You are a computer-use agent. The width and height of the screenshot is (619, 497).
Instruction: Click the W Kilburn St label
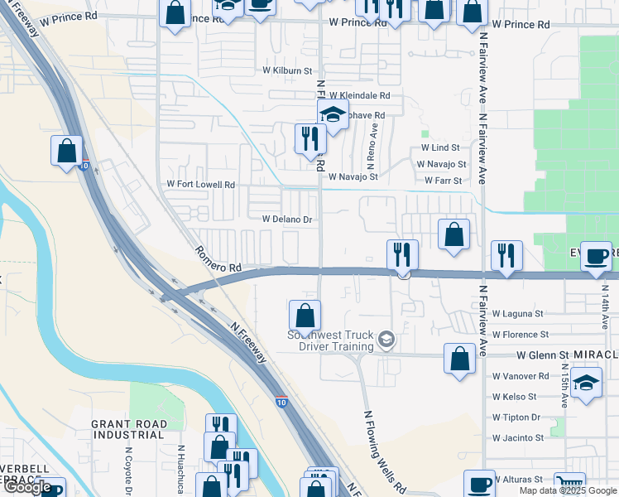287,71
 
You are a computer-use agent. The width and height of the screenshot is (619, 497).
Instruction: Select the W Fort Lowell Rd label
201,184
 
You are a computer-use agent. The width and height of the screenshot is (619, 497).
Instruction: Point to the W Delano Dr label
286,220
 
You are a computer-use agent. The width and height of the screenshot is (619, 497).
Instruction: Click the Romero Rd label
218,258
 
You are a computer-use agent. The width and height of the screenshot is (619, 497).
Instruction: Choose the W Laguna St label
517,314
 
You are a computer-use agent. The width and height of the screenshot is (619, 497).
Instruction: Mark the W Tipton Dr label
516,417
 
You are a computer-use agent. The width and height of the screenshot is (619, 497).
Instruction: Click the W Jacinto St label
517,437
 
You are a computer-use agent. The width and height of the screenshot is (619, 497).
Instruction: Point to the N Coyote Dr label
129,468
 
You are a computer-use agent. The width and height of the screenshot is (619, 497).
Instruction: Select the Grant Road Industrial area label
128,429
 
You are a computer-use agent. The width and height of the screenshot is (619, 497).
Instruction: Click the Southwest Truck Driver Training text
330,340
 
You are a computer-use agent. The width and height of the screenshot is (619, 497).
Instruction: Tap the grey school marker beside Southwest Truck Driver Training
385,340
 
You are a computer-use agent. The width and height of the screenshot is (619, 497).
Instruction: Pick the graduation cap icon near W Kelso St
586,383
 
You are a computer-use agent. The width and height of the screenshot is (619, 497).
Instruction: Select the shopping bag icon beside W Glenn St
459,358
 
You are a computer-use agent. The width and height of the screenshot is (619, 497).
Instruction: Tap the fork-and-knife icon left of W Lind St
310,138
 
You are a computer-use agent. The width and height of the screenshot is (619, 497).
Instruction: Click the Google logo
28,487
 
